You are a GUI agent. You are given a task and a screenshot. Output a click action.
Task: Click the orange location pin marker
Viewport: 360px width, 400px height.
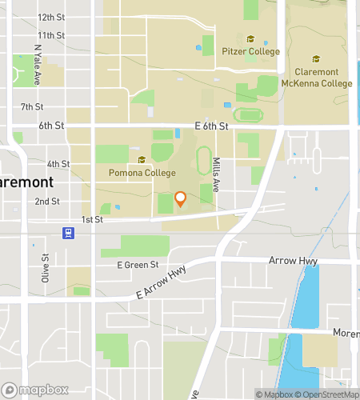coord(181,198)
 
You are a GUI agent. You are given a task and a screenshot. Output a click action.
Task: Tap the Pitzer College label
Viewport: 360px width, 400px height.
coord(251,52)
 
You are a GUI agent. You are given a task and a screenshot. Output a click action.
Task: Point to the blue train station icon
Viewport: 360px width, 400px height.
coord(69,234)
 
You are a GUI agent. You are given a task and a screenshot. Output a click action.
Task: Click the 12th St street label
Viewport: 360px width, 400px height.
coord(51,17)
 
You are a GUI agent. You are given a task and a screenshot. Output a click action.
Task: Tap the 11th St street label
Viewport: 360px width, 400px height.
coord(50,35)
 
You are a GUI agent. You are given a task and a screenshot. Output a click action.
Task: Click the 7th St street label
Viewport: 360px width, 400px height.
coord(32,106)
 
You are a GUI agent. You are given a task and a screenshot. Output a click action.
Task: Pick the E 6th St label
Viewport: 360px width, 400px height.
coord(211,126)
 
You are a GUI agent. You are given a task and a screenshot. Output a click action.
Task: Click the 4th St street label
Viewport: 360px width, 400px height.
coord(58,163)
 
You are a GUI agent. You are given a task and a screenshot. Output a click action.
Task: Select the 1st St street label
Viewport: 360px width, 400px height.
coord(92,219)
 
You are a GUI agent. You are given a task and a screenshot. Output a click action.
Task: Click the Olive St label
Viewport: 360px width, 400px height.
coord(46,269)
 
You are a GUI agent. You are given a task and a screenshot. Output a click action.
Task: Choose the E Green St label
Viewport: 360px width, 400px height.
coord(138,264)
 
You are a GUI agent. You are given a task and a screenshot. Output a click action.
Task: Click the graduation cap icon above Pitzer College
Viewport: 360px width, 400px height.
coord(250,39)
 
